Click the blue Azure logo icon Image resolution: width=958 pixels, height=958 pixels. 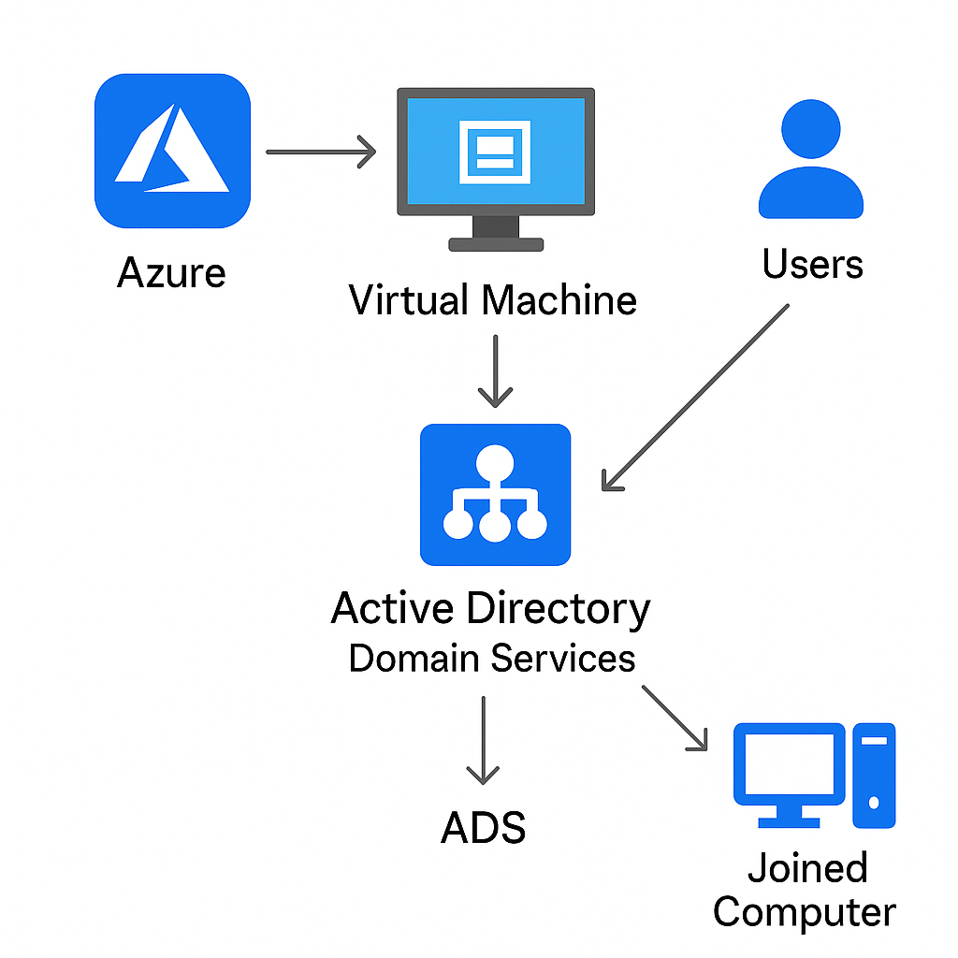point(172,151)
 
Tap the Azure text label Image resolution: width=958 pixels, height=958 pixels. point(171,273)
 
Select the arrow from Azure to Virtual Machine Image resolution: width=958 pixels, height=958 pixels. point(320,151)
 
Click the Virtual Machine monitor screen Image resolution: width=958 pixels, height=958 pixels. point(495,152)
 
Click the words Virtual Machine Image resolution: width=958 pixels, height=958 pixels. point(493,300)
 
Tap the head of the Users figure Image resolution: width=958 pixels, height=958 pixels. point(810,128)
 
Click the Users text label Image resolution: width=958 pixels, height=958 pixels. point(812,265)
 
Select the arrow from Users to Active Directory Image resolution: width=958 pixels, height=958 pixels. point(697,397)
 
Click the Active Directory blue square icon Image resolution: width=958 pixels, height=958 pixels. point(495,495)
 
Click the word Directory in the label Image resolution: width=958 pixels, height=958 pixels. point(559,609)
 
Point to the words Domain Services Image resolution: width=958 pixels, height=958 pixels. point(492,659)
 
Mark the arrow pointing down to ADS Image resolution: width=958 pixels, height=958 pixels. point(483,740)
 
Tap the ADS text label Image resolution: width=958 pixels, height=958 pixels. point(483,828)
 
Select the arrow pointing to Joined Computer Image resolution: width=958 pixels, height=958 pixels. point(675,718)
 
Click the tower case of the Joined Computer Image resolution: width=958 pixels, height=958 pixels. point(874,775)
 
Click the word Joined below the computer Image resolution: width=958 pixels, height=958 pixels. point(807,868)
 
